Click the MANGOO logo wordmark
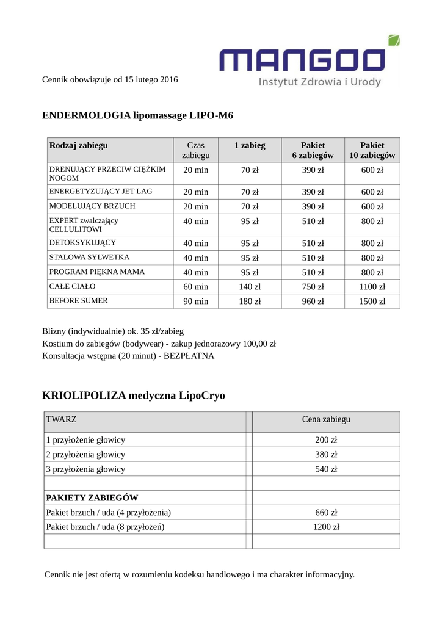click(303, 61)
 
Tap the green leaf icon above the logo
click(394, 41)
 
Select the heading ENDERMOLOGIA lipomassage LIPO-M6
click(137, 115)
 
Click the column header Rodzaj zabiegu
click(79, 145)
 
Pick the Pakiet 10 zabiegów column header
click(372, 150)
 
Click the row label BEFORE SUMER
click(78, 301)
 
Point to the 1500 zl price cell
click(372, 302)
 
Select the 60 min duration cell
click(195, 287)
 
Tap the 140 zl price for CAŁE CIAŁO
click(250, 287)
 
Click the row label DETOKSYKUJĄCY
click(82, 243)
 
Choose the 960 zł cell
click(313, 302)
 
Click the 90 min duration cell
click(195, 302)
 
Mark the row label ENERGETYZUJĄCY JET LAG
click(101, 192)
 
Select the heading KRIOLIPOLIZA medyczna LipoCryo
click(134, 396)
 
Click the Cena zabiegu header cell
click(326, 419)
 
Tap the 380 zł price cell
click(326, 455)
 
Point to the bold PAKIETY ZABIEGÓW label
click(92, 498)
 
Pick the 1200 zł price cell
click(326, 527)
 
